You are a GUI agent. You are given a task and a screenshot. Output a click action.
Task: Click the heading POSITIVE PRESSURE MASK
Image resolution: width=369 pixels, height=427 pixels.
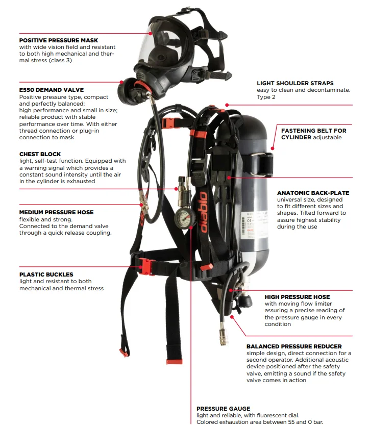pyautogui.click(x=59, y=40)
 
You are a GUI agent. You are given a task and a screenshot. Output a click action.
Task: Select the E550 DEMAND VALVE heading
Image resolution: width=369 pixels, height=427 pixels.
pyautogui.click(x=52, y=90)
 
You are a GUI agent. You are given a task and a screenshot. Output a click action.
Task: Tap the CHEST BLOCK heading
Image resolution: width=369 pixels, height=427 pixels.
pyautogui.click(x=40, y=154)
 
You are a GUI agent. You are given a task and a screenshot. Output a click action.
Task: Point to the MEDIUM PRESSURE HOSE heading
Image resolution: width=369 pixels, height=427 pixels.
pyautogui.click(x=57, y=212)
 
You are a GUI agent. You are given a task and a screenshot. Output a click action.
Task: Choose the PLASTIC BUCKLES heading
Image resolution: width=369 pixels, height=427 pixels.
pyautogui.click(x=46, y=274)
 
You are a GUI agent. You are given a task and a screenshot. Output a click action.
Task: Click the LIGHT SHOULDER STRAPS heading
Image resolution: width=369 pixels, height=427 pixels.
pyautogui.click(x=295, y=83)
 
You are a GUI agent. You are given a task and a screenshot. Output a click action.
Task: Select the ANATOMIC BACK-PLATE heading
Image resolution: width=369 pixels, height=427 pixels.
pyautogui.click(x=313, y=193)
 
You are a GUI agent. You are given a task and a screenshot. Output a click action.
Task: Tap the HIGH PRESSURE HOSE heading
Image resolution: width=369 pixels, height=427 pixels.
pyautogui.click(x=297, y=297)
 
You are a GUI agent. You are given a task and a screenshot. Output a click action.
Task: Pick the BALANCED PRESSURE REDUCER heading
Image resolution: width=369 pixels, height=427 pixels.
pyautogui.click(x=294, y=346)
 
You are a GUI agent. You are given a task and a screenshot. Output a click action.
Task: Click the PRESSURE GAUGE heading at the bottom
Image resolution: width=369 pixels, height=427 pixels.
pyautogui.click(x=224, y=409)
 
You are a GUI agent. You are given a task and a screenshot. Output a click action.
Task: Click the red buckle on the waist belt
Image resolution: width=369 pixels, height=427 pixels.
pyautogui.click(x=146, y=265)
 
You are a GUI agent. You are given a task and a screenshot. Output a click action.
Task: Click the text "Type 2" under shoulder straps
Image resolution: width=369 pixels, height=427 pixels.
pyautogui.click(x=266, y=97)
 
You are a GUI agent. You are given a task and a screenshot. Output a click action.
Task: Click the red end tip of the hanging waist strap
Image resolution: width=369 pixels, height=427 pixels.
pyautogui.click(x=174, y=361)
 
